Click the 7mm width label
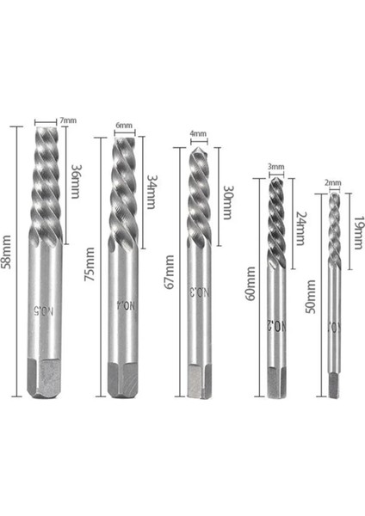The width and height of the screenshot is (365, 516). (x=69, y=121)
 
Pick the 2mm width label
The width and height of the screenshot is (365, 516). (x=334, y=183)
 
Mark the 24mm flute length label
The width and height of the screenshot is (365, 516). (x=300, y=228)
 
